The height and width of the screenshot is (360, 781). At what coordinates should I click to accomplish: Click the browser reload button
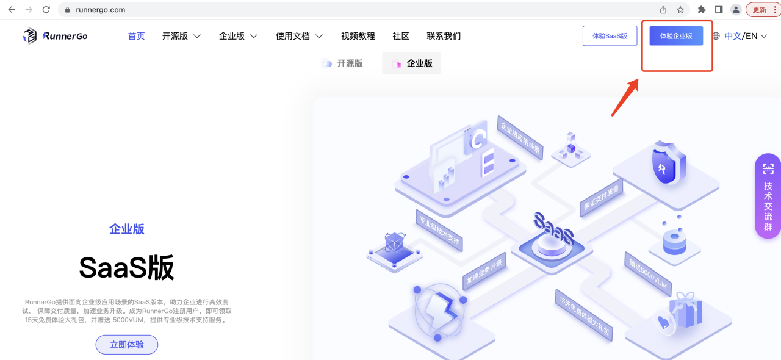coord(46,10)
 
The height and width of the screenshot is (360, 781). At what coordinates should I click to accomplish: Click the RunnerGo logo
coord(55,36)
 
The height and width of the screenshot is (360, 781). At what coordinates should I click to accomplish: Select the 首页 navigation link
coord(137,36)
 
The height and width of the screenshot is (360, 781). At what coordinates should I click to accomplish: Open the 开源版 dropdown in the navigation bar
coord(181,36)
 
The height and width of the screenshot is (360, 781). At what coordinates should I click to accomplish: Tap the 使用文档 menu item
coord(299,36)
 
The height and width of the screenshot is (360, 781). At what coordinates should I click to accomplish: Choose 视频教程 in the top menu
coord(358,36)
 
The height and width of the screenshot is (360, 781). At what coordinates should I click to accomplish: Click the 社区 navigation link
coord(401,36)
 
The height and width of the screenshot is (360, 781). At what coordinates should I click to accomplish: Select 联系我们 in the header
coord(444,36)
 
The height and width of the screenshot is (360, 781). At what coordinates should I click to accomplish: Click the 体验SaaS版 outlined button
coord(610,36)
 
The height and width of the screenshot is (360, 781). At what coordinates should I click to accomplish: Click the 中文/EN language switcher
coord(740,36)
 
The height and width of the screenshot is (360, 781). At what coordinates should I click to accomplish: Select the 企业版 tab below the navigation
coord(412,63)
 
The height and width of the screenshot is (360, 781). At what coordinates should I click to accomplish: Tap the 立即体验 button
coord(127,345)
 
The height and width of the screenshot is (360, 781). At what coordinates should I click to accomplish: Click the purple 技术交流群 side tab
coord(768,196)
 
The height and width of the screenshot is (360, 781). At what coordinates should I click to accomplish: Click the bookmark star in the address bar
coord(680,10)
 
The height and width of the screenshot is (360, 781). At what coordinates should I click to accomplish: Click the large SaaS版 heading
coord(127,267)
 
